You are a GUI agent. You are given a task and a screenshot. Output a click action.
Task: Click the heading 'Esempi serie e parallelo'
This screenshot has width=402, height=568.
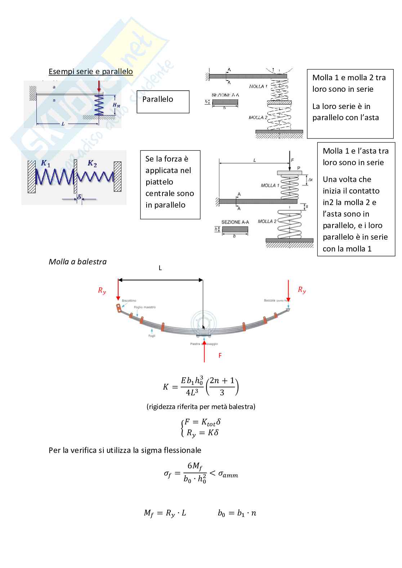[91, 71]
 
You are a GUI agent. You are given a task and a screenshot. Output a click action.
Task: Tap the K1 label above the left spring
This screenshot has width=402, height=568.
[46, 163]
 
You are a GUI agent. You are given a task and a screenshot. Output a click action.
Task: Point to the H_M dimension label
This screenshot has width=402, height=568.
[116, 105]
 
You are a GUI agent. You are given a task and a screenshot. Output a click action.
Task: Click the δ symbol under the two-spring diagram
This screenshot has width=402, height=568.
[79, 197]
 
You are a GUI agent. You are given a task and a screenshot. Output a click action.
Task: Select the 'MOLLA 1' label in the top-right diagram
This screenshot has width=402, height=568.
[258, 86]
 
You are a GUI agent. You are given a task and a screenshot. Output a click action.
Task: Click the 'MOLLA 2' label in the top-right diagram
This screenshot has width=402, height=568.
[258, 118]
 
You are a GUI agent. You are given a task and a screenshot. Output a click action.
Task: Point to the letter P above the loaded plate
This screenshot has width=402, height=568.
[299, 168]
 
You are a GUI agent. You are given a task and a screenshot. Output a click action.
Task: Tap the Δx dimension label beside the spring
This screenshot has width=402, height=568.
[310, 180]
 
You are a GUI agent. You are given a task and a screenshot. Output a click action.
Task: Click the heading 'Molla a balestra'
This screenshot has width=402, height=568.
[77, 262]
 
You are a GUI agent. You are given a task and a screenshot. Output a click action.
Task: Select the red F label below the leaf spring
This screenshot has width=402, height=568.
[220, 355]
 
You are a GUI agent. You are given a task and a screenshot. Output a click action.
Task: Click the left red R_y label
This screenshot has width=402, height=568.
[102, 291]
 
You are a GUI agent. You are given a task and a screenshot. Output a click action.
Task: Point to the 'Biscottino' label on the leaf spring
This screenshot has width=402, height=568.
[129, 300]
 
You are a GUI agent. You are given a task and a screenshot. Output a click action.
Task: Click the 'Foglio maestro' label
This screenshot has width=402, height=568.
[145, 307]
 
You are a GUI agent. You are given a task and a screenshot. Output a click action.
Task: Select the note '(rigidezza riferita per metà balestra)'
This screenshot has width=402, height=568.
[201, 406]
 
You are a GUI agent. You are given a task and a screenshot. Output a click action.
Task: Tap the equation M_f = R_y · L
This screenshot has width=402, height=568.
[165, 513]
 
